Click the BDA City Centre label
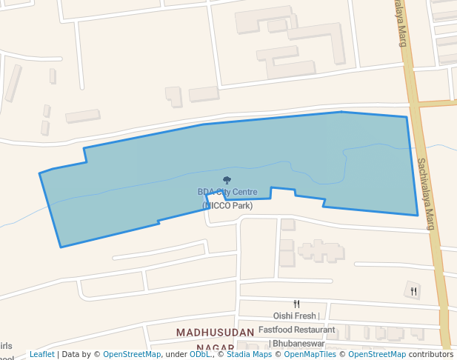(227, 192)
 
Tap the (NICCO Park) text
(227, 205)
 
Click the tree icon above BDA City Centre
(227, 180)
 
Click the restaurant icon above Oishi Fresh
(296, 304)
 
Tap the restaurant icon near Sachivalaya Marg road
(414, 291)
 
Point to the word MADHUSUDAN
(215, 333)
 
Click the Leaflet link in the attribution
(41, 354)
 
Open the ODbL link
(200, 354)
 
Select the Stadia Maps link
(248, 354)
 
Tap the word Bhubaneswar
(298, 344)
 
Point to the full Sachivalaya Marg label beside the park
(424, 194)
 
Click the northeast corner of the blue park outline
(407, 117)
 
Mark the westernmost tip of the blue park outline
(40, 174)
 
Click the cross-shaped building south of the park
(319, 250)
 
